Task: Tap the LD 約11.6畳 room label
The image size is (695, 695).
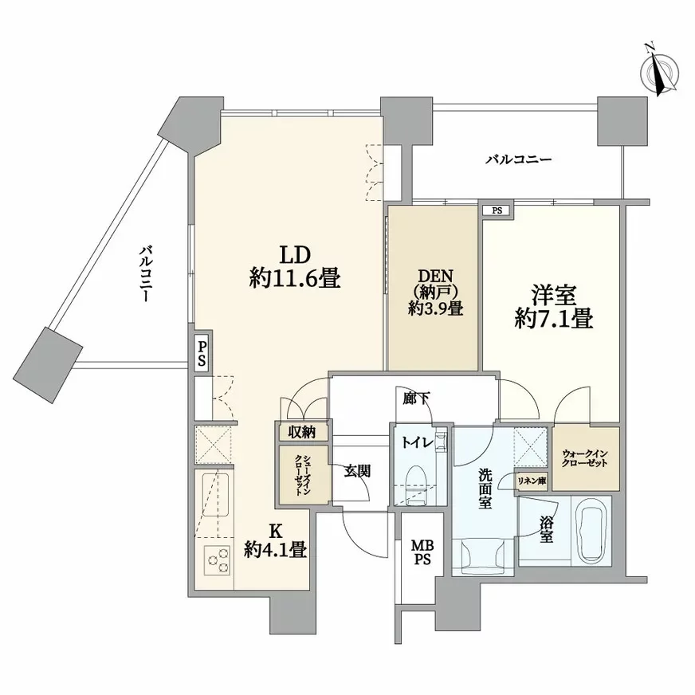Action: pyautogui.click(x=295, y=267)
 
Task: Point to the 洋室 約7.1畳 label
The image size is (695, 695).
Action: pyautogui.click(x=554, y=308)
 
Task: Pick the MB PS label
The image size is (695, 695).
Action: pyautogui.click(x=422, y=552)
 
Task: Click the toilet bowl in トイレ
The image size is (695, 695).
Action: pyautogui.click(x=416, y=484)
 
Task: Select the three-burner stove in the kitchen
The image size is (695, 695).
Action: pyautogui.click(x=217, y=560)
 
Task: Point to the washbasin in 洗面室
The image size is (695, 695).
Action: pyautogui.click(x=483, y=556)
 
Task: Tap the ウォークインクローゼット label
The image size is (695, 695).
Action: pyautogui.click(x=585, y=458)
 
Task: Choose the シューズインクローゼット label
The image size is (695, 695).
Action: pyautogui.click(x=304, y=475)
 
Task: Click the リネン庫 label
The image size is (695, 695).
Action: pyautogui.click(x=532, y=481)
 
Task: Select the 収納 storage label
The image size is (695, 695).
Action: pyautogui.click(x=302, y=432)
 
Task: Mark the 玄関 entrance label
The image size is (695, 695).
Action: pyautogui.click(x=357, y=471)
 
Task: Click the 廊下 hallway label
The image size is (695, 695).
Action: pyautogui.click(x=416, y=399)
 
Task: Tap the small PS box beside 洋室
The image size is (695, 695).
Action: pyautogui.click(x=497, y=210)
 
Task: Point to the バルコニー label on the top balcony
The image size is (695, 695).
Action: pyautogui.click(x=518, y=159)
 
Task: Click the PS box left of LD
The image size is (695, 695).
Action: pyautogui.click(x=202, y=353)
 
